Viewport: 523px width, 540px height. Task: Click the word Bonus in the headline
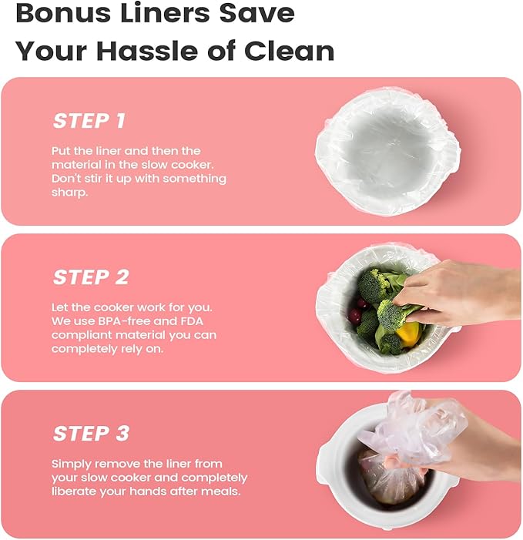[64, 13]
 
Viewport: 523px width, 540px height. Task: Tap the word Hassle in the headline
[148, 51]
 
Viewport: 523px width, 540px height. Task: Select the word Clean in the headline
[289, 51]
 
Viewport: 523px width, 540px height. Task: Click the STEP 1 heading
[89, 121]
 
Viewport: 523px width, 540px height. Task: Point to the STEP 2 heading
[91, 277]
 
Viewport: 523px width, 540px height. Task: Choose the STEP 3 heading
[91, 433]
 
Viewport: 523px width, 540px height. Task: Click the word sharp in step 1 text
[70, 193]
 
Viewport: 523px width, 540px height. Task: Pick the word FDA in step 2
[192, 321]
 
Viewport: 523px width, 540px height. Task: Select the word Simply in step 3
[72, 465]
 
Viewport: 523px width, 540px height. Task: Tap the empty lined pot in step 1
[387, 152]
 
